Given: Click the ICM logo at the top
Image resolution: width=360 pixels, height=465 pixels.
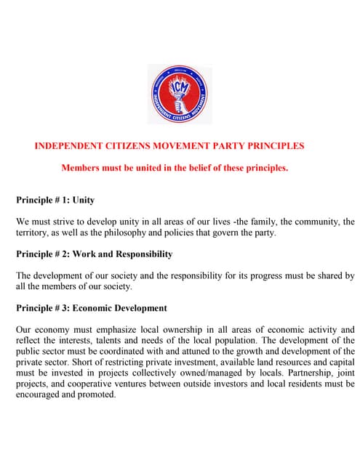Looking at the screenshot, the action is click(x=180, y=94).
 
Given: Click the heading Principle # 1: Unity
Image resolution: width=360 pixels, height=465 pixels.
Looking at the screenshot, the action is click(x=55, y=200).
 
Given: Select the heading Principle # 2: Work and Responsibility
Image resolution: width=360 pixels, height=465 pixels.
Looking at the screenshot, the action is click(x=95, y=254).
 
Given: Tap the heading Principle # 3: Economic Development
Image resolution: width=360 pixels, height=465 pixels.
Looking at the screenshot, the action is click(x=92, y=308).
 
